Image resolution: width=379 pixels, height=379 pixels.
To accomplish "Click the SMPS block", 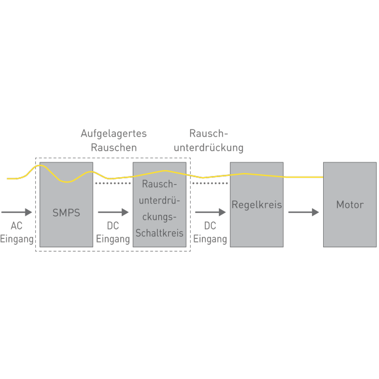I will (x=66, y=212).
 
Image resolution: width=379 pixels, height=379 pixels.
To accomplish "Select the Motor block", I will (x=350, y=205).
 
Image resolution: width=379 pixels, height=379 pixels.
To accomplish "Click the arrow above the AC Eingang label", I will (x=17, y=212).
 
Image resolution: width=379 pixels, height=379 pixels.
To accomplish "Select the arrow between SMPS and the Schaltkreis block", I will (x=113, y=212).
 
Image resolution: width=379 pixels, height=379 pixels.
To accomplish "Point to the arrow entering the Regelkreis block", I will (x=210, y=212).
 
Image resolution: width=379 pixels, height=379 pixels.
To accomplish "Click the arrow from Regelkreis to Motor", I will (x=304, y=212).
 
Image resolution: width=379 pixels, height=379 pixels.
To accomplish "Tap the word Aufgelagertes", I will (x=114, y=134).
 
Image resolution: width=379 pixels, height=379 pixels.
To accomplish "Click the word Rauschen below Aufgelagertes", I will (x=114, y=147).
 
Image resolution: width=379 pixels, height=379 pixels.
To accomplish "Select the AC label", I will (x=16, y=226).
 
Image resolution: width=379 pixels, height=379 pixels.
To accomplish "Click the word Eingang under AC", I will (x=17, y=239).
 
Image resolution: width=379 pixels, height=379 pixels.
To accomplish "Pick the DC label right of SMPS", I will (x=113, y=226).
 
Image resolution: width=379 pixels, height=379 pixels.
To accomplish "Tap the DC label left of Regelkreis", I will (x=210, y=226).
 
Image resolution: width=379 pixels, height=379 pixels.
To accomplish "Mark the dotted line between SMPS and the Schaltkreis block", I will (x=113, y=184).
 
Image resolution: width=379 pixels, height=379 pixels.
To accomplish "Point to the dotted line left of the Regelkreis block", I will (x=210, y=184).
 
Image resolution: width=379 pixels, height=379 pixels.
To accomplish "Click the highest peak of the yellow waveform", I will (x=39, y=165).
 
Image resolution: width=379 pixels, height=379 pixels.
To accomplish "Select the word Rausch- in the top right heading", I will (x=208, y=134).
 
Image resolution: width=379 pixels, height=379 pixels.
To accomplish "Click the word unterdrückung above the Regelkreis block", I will (x=208, y=147).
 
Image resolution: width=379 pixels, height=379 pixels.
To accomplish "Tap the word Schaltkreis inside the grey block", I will (x=159, y=232).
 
